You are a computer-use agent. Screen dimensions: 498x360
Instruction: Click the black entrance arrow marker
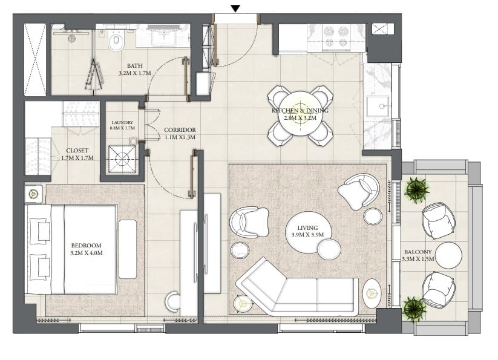[x=235, y=8]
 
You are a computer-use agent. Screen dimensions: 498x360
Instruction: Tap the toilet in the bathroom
[x=116, y=42]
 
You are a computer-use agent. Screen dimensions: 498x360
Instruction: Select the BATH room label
[x=135, y=66]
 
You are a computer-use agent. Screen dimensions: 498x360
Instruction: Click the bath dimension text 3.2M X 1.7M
[x=135, y=73]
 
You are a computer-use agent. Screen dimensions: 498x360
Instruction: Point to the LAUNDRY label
[x=122, y=123]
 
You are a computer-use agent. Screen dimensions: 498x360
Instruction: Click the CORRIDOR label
[x=180, y=130]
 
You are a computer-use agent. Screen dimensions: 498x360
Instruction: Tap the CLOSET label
[x=77, y=151]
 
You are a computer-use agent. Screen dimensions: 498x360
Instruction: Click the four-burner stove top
[x=336, y=37]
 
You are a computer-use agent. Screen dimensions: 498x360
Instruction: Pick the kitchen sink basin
[x=378, y=106]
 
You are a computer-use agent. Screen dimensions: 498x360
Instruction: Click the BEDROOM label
[x=86, y=246]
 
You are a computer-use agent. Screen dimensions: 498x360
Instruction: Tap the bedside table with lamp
[x=33, y=194]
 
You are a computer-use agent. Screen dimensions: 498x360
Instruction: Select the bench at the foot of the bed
[x=128, y=249]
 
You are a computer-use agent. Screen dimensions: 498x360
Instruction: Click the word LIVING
[x=307, y=227]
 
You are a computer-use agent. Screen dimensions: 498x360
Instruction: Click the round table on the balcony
[x=448, y=255]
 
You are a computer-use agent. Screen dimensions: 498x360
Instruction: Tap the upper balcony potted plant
[x=417, y=189]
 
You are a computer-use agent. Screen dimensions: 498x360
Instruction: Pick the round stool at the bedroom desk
[x=173, y=301]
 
